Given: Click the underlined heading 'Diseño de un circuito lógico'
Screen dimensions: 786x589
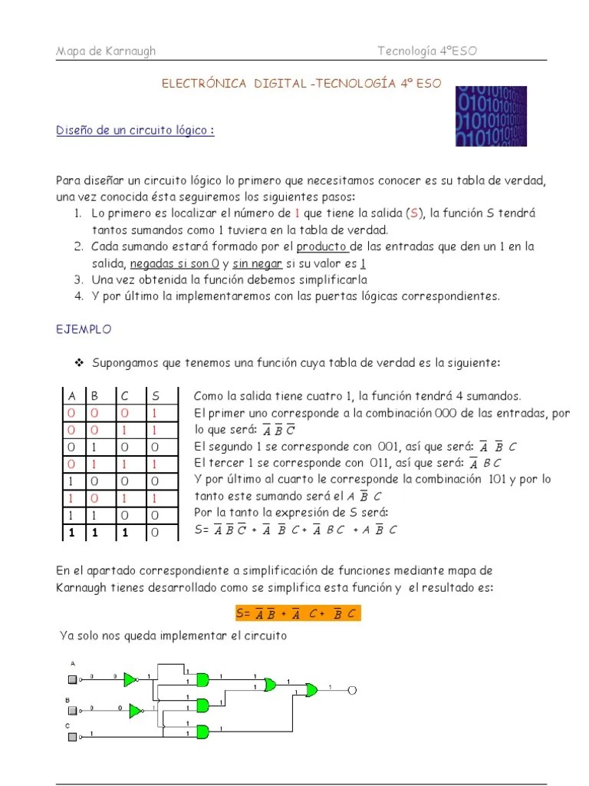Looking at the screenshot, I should (x=135, y=130).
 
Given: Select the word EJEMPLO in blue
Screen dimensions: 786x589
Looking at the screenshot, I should (x=84, y=329).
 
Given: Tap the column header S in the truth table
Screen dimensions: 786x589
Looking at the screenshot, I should (x=156, y=396).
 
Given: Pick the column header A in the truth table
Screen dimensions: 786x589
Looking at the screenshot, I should (x=72, y=396).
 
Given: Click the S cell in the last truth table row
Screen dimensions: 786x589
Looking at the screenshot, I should (x=156, y=531).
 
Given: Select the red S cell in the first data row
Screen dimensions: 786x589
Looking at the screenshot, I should (x=156, y=414).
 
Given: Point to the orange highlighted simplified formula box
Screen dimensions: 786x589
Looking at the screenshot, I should (x=297, y=613).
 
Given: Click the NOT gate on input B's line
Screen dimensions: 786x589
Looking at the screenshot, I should (x=136, y=711).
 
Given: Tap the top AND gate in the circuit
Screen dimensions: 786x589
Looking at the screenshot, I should (x=202, y=679).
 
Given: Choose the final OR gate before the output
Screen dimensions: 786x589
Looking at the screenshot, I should (x=311, y=690).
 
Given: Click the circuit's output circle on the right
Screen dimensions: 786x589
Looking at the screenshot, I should (x=352, y=690).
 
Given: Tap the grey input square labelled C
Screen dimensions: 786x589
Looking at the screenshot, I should (x=73, y=738).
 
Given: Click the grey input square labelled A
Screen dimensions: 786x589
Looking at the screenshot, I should (x=73, y=679).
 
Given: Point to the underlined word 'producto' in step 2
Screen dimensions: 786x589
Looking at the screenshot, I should (x=322, y=246).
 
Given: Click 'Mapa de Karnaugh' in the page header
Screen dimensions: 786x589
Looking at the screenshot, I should (x=106, y=51).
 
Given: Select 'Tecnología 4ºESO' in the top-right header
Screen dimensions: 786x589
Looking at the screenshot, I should (x=428, y=51).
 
